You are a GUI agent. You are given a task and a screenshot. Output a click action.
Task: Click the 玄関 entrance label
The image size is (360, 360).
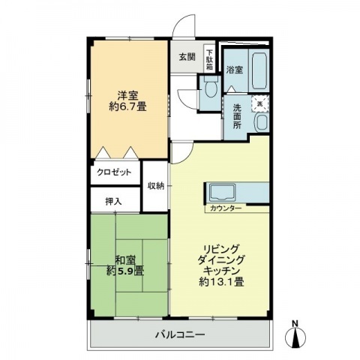187,57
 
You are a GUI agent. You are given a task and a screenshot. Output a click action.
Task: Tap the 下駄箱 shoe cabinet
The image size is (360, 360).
209,58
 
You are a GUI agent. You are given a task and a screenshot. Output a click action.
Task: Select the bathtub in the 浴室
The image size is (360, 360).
259,70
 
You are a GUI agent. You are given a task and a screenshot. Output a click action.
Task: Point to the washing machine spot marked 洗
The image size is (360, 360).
260,103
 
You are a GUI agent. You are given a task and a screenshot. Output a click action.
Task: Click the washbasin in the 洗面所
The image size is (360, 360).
262,122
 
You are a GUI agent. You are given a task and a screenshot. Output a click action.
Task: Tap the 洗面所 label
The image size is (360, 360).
237,116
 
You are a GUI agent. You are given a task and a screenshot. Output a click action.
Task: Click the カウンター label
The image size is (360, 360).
226,208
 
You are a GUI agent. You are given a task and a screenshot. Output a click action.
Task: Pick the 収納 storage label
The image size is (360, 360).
155,186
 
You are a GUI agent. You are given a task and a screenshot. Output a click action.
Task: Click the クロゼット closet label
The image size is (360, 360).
114,172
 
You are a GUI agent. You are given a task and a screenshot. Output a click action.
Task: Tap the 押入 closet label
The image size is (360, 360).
113,201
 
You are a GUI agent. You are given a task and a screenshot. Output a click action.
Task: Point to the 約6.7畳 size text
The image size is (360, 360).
127,107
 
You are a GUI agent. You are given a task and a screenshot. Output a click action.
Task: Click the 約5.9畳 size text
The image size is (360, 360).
125,271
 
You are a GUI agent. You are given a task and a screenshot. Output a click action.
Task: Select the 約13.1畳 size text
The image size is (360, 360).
221,283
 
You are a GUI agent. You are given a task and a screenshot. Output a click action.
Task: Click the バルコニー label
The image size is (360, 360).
180,334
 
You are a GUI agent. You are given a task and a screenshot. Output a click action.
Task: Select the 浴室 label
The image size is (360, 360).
235,70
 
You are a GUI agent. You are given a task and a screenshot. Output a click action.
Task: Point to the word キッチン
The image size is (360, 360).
222,271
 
